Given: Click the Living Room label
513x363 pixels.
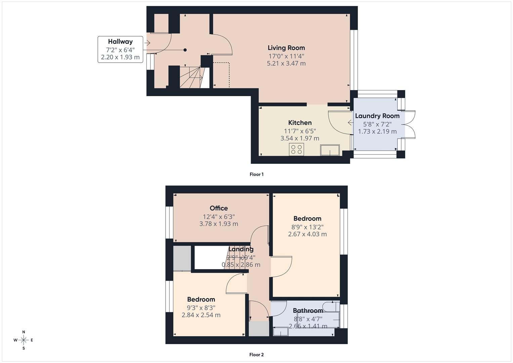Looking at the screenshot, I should click(x=286, y=48).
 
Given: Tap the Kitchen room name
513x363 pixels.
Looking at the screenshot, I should click(x=300, y=123).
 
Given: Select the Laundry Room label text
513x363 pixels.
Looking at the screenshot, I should click(x=377, y=116).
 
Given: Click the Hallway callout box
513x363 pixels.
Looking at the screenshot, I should click(x=120, y=49).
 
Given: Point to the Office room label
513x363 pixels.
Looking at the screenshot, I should click(x=219, y=208).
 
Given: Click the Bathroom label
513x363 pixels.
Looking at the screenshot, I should click(x=308, y=311).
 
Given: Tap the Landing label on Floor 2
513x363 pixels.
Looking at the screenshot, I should click(x=241, y=249).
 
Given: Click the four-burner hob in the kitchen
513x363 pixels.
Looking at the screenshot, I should click(x=296, y=149).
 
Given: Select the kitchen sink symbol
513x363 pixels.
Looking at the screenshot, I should click(x=330, y=150).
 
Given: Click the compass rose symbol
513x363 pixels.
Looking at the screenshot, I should click(x=24, y=340).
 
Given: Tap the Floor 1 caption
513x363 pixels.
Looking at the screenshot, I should click(x=256, y=174).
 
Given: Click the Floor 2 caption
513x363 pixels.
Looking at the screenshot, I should click(x=256, y=355).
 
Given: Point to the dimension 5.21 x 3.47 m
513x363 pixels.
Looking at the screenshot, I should click(x=286, y=64).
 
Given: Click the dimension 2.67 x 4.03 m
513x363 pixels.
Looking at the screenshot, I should click(x=307, y=234).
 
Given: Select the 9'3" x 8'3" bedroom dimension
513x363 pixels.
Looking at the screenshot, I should click(x=201, y=308).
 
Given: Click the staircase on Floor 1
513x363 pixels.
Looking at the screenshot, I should click(x=191, y=77).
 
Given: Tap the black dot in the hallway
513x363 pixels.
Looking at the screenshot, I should click(x=185, y=50).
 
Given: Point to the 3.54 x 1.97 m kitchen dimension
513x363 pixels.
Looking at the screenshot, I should click(x=300, y=138).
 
